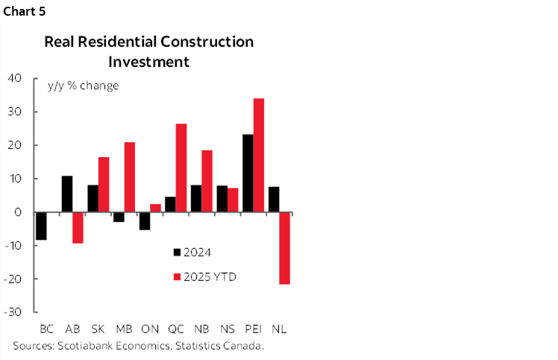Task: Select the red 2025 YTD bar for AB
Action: [78, 227]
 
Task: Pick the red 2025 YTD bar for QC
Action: [181, 168]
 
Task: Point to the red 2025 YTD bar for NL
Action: [284, 247]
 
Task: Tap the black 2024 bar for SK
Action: [93, 198]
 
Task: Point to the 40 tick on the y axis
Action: [15, 78]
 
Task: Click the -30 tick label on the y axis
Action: [14, 312]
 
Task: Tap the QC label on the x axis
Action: [175, 329]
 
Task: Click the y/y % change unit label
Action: [82, 85]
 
